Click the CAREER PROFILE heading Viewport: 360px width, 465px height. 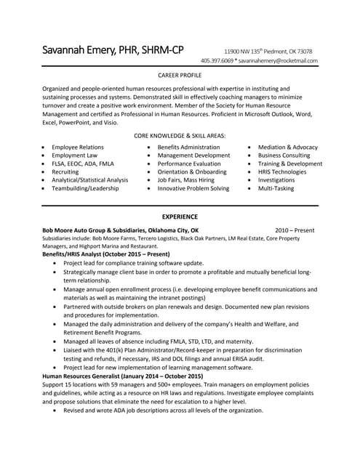click(180, 75)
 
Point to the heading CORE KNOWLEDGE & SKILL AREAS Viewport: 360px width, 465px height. click(180, 136)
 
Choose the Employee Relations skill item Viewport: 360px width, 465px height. click(77, 147)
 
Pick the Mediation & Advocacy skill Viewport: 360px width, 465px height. click(287, 147)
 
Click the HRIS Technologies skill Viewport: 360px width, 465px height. click(287, 171)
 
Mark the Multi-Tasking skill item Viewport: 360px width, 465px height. click(276, 188)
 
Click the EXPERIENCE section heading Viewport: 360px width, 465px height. click(180, 217)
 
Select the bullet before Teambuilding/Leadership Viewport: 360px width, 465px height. click(45, 188)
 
